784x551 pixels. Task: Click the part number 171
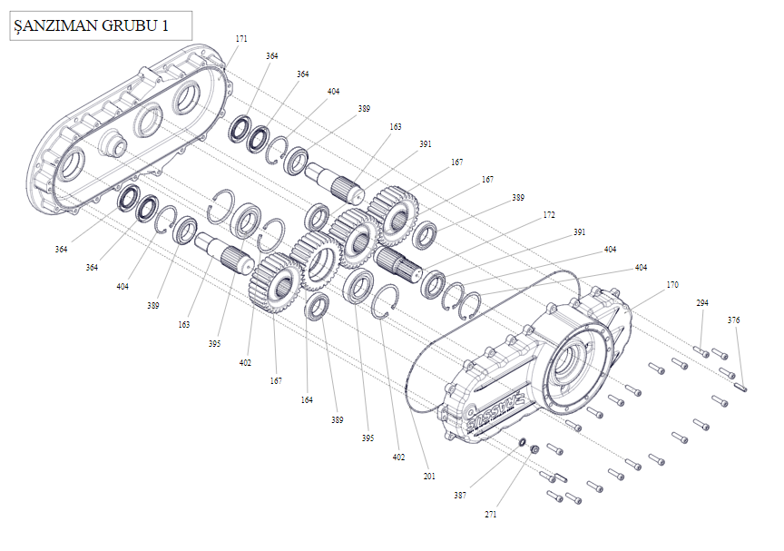coord(241,39)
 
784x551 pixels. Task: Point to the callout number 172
coord(549,215)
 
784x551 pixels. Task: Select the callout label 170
coord(671,285)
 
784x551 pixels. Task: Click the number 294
coord(702,303)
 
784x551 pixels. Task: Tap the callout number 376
coord(733,320)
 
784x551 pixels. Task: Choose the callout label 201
coord(429,476)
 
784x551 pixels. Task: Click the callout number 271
coord(490,514)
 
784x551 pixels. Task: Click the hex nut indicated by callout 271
coord(535,449)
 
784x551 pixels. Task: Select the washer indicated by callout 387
coord(524,443)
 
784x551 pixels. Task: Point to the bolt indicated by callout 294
coord(701,350)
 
